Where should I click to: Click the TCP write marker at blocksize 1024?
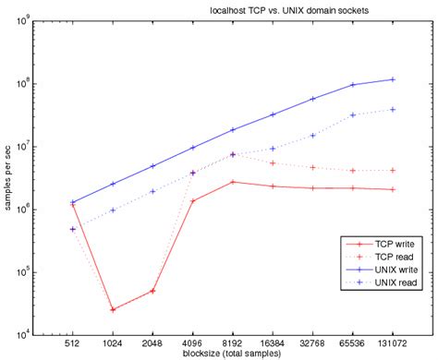tap(113, 309)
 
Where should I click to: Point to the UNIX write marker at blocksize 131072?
tap(394, 79)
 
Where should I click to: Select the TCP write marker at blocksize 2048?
tap(152, 291)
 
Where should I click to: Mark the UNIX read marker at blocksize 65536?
tap(353, 114)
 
